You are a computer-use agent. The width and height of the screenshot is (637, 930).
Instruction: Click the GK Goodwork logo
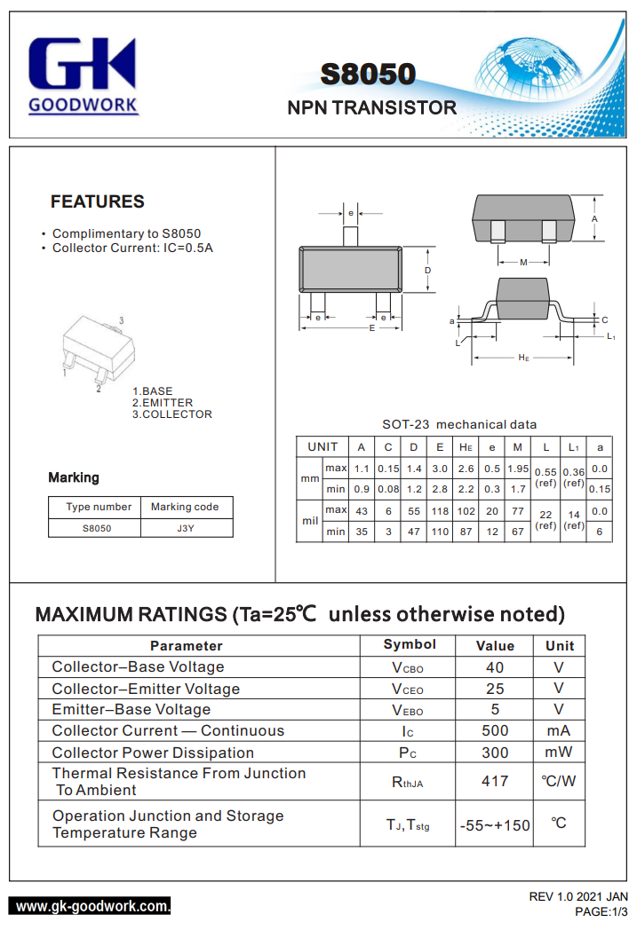click(83, 75)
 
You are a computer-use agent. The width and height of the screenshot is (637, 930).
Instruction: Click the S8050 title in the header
click(368, 75)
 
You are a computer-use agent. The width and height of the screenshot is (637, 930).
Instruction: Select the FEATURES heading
click(97, 201)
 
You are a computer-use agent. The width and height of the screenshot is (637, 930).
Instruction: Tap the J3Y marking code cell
click(185, 527)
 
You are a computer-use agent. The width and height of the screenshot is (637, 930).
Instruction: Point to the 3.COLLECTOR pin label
click(171, 414)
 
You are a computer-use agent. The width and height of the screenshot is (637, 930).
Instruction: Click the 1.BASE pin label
click(152, 391)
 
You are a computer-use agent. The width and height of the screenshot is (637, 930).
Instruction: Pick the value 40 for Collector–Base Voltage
click(495, 667)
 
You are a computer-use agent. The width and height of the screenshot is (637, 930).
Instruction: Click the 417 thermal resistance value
click(495, 781)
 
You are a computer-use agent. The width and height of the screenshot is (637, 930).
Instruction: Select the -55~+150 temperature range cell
click(495, 824)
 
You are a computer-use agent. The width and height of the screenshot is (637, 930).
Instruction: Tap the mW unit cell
click(559, 753)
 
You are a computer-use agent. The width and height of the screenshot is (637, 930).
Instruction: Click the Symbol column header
click(410, 644)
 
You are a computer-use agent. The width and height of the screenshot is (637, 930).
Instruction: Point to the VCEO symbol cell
click(408, 690)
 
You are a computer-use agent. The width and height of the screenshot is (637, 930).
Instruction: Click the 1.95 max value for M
click(518, 468)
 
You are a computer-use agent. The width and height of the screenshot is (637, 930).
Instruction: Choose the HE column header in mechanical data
click(466, 446)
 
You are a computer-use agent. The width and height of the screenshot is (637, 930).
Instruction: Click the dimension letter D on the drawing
click(428, 270)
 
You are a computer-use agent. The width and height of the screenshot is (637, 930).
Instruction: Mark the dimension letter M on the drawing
click(523, 263)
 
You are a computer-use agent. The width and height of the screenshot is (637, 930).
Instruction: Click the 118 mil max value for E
click(440, 511)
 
